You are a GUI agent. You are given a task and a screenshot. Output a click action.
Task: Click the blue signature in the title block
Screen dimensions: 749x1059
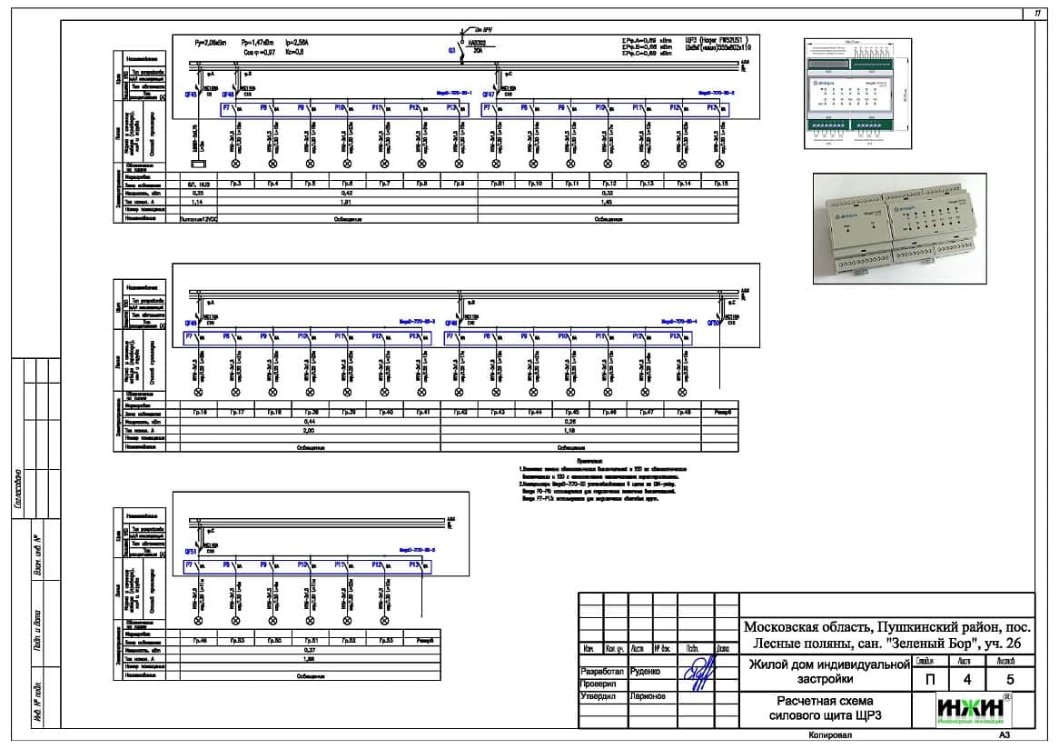coord(698,676)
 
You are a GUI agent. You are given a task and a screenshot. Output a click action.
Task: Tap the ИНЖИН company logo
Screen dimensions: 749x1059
coord(971,709)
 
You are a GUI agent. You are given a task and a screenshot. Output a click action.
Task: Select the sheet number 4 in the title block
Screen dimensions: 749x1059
coord(965,679)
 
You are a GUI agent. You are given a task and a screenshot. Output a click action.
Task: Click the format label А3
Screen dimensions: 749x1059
coord(1004,735)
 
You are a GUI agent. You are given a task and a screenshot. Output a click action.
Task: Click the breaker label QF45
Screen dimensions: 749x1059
coord(191,94)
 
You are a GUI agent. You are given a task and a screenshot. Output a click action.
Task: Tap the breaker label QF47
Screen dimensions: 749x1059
coord(488,94)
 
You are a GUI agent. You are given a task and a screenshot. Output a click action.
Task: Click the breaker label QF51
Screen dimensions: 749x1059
coord(191,551)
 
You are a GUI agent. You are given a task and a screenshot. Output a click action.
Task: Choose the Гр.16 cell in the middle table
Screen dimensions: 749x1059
coord(199,413)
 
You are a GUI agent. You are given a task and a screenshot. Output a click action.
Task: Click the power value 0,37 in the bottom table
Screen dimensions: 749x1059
coord(310,650)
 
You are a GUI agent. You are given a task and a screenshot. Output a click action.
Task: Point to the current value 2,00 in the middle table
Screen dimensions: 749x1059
coord(310,431)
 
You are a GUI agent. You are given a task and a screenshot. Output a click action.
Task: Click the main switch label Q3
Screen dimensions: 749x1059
coord(450,51)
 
